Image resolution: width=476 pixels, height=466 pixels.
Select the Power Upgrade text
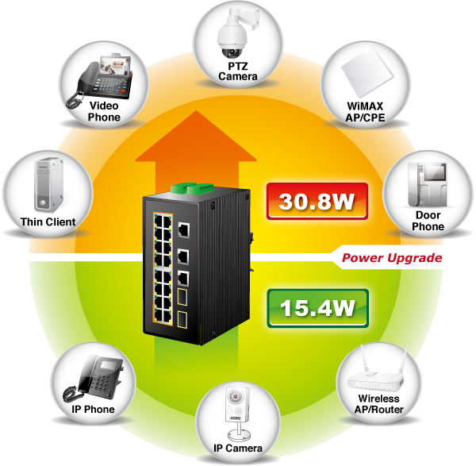391,258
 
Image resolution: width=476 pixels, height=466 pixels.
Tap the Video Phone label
104,111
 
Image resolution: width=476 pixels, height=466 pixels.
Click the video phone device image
102,78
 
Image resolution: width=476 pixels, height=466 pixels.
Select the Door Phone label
428,221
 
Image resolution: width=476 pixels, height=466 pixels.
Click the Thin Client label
48,222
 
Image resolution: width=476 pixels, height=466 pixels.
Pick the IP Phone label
94,410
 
